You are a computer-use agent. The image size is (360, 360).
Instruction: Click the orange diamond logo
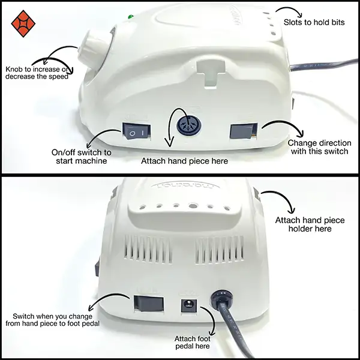click(23, 23)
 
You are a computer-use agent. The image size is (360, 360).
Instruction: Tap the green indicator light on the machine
click(131, 17)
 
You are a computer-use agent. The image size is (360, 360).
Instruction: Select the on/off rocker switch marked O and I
click(137, 131)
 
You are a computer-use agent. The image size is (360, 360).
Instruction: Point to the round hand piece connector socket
click(189, 125)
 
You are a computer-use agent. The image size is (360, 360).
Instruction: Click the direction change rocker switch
click(244, 131)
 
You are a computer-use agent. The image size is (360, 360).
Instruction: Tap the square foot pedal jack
click(189, 305)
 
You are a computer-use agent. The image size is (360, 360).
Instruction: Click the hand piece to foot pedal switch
click(149, 303)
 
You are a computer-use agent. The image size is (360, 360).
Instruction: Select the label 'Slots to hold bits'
click(314, 22)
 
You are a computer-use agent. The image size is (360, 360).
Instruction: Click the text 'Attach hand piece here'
click(184, 161)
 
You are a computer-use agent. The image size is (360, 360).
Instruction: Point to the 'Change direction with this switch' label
click(319, 147)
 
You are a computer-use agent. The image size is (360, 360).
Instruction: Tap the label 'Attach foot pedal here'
click(193, 343)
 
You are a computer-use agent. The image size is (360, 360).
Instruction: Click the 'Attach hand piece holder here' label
click(310, 224)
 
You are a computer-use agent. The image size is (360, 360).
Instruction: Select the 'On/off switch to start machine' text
click(82, 157)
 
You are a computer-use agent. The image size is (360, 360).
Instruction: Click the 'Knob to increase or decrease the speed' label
click(37, 73)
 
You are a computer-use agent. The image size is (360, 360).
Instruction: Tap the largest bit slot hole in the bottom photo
click(193, 206)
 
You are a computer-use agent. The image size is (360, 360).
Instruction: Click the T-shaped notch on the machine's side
click(211, 74)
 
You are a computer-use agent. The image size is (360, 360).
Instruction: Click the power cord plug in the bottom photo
click(221, 298)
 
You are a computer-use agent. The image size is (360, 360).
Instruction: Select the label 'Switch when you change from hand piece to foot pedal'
click(53, 320)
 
